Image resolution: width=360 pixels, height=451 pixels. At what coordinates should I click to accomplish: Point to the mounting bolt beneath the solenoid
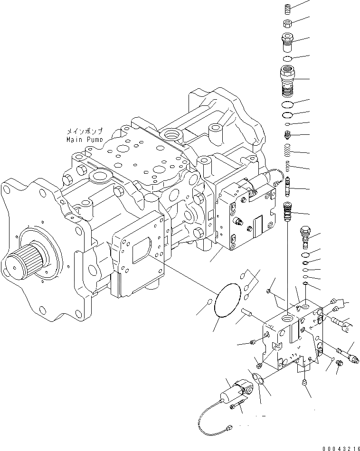click(238, 405)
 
